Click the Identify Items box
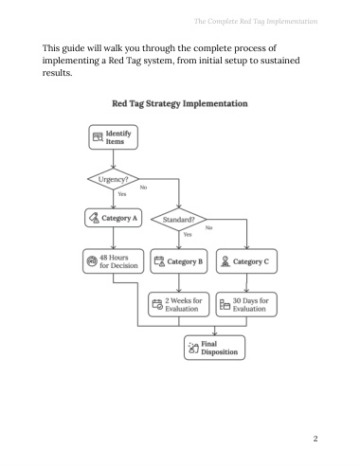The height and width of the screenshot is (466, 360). [113, 137]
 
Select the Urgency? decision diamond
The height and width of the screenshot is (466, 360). [113, 179]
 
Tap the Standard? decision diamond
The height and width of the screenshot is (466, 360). [179, 219]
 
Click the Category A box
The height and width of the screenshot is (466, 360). [113, 218]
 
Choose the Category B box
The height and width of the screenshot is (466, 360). [179, 261]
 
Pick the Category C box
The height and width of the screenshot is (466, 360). [246, 261]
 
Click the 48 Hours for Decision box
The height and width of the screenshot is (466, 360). [113, 261]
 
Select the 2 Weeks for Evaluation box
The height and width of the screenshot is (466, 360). [179, 304]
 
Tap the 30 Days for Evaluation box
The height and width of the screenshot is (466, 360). [246, 304]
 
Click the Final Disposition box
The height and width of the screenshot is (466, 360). [214, 348]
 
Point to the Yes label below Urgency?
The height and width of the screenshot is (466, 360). [122, 194]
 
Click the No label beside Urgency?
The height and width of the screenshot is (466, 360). [143, 188]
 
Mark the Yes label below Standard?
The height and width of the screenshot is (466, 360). [188, 235]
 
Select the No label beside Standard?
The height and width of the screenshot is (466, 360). [209, 227]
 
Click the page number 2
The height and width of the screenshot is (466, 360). [315, 439]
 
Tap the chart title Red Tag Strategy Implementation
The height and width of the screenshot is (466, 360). [180, 104]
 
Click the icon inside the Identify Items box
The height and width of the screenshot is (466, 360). [98, 137]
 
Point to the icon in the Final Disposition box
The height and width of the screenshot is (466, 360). [193, 348]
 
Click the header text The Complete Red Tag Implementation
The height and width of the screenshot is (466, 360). [256, 22]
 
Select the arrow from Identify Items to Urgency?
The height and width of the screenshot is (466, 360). [113, 159]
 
